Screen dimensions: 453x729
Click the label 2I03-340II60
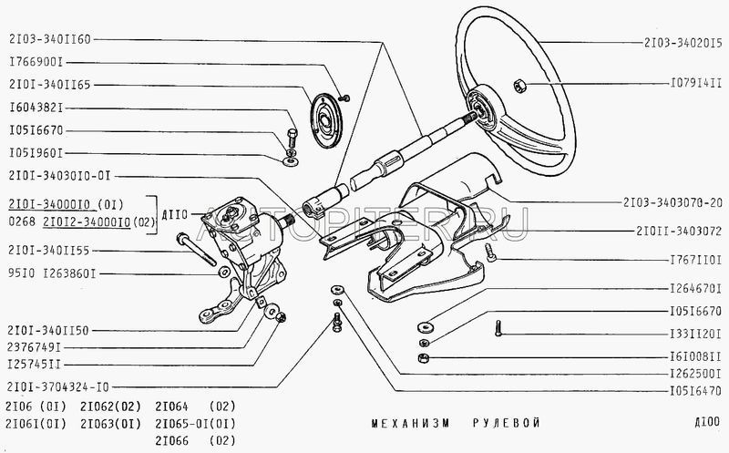coord(50,40)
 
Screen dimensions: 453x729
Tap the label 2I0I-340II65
coord(50,85)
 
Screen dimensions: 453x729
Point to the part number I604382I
coord(36,108)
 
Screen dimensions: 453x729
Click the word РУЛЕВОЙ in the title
coord(506,423)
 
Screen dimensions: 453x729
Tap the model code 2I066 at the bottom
coord(174,438)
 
